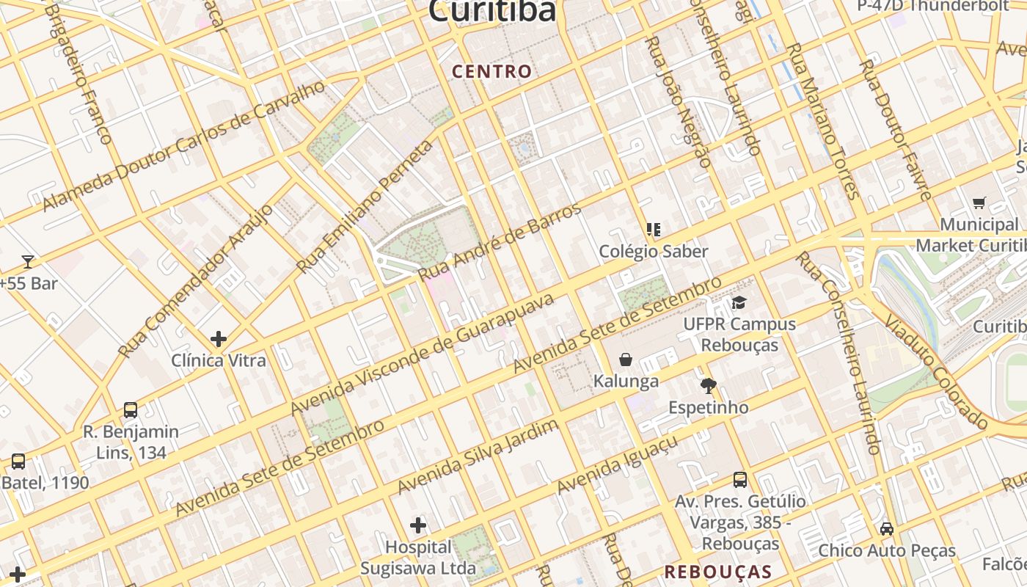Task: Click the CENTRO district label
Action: pyautogui.click(x=491, y=72)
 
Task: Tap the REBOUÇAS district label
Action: pyautogui.click(x=718, y=572)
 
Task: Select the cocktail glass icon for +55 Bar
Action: pyautogui.click(x=28, y=261)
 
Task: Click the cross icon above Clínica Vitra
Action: pyautogui.click(x=218, y=339)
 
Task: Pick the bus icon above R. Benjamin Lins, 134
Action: pyautogui.click(x=131, y=410)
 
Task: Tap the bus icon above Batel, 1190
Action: pyautogui.click(x=18, y=462)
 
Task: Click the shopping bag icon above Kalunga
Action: pyautogui.click(x=626, y=360)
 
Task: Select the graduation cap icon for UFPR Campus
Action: pyautogui.click(x=739, y=302)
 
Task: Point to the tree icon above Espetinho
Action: pyautogui.click(x=708, y=385)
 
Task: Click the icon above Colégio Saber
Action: pyautogui.click(x=654, y=230)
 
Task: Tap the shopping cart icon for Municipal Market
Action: pyautogui.click(x=979, y=203)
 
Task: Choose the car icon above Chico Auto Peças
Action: pyautogui.click(x=886, y=528)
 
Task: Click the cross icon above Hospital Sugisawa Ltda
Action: pyautogui.click(x=418, y=525)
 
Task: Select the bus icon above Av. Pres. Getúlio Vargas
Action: pyautogui.click(x=740, y=480)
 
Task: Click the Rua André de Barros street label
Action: pyautogui.click(x=500, y=241)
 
